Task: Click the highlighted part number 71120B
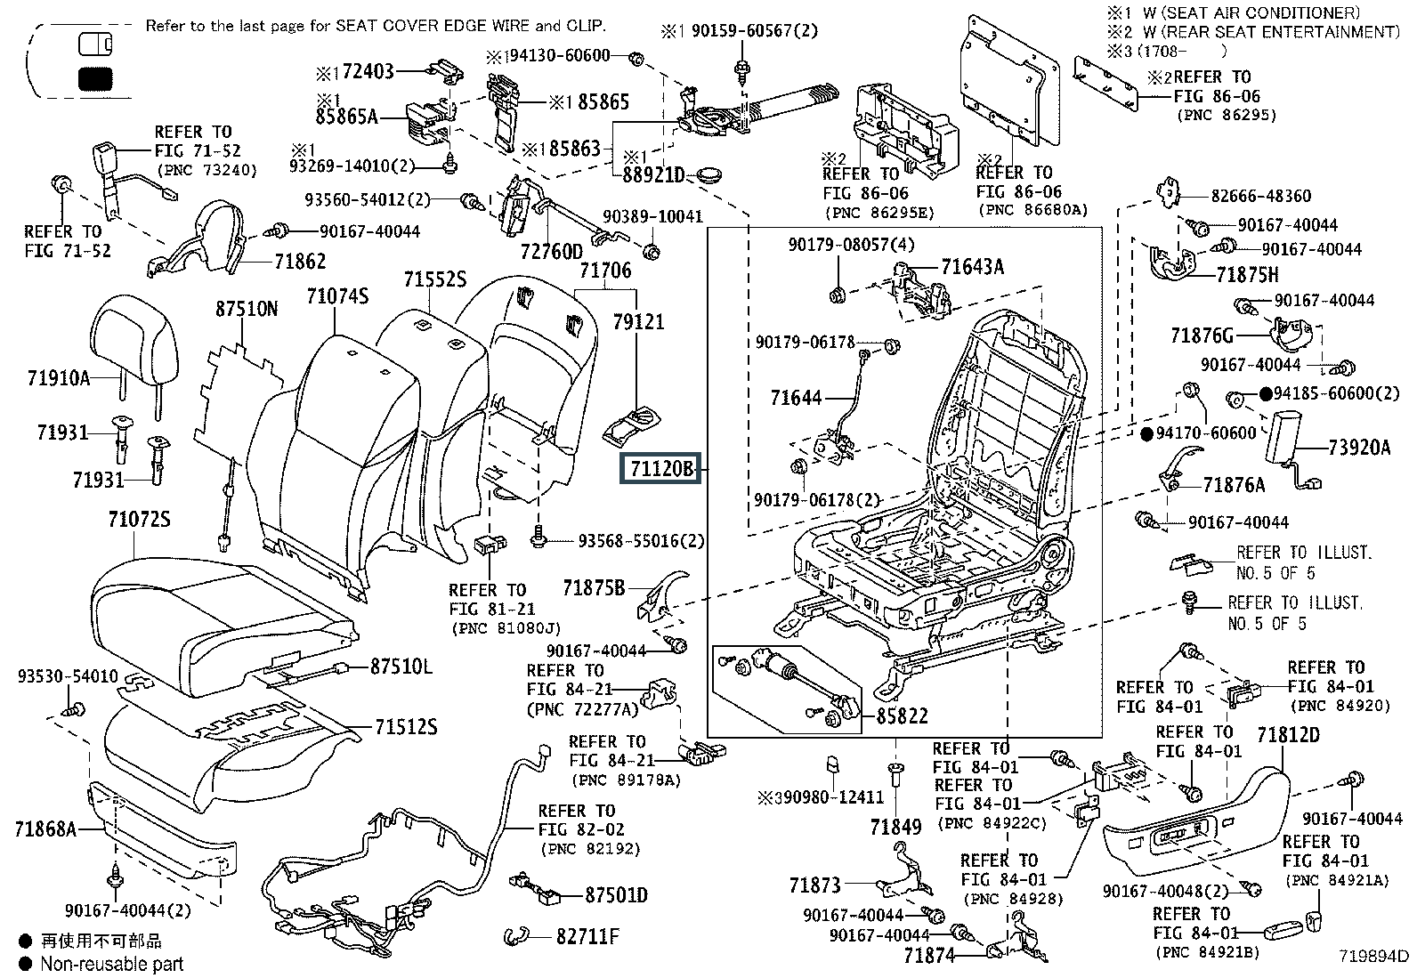[660, 467]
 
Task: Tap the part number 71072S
[139, 520]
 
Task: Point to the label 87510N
[246, 310]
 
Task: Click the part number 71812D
[1288, 736]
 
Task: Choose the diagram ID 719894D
[1376, 957]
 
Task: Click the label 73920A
[1358, 448]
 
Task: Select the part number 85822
[902, 715]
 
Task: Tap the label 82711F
[588, 936]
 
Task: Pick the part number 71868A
[45, 830]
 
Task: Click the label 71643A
[972, 265]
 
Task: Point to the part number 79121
[638, 321]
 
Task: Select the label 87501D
[616, 894]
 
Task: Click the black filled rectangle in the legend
[93, 79]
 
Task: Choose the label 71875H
[1247, 274]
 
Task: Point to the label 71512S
[405, 727]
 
